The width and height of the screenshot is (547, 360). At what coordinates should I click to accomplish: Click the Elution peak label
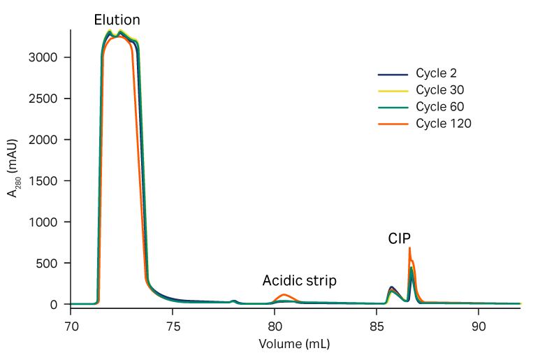point(117,20)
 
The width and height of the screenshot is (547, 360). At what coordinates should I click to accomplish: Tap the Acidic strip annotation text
point(299,281)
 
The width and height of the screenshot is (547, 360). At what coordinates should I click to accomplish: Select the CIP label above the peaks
point(400,239)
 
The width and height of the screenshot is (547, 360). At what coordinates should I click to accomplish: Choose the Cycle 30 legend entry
point(440,90)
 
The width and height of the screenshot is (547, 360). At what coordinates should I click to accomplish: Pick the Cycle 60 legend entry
point(440,107)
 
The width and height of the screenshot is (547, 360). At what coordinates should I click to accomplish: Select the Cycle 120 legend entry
point(444,124)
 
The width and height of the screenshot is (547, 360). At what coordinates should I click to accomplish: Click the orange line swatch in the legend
point(392,124)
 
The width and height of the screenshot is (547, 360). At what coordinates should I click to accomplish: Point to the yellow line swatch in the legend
point(392,91)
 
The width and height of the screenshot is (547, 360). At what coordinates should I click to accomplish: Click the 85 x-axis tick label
point(377,326)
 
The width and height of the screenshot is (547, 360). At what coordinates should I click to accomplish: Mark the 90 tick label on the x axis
point(479,326)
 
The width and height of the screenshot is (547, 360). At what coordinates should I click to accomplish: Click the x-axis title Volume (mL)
point(294,345)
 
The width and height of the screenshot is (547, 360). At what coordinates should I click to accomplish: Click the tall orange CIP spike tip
point(409,248)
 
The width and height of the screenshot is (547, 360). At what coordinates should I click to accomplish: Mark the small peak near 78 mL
point(233,301)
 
